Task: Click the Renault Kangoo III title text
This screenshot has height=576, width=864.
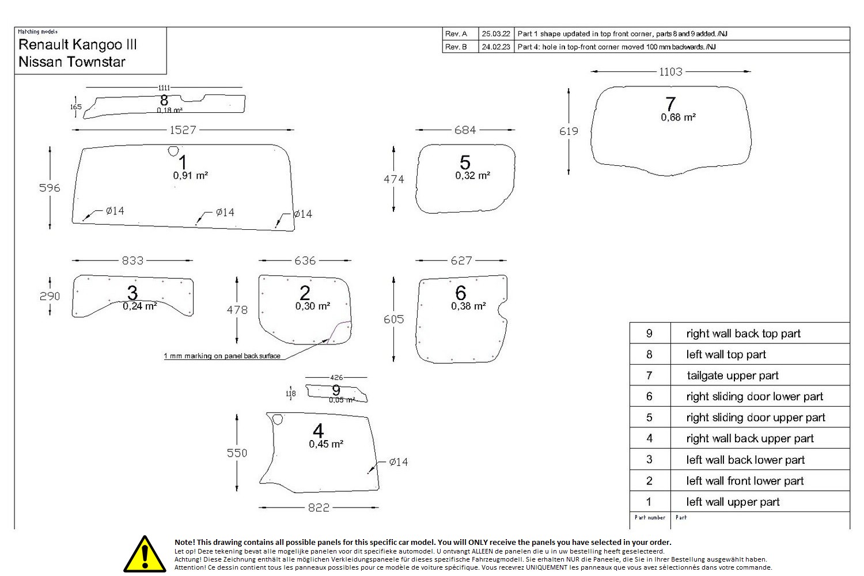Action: pos(77,44)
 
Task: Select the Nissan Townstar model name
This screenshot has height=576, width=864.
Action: pos(71,62)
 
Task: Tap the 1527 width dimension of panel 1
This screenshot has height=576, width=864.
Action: pos(183,130)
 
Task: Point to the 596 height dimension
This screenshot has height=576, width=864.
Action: pos(50,188)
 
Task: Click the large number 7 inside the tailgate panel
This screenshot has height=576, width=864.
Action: pos(670,104)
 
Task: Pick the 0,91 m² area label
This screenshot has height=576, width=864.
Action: pos(190,176)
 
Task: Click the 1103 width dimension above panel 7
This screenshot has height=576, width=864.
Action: pos(670,71)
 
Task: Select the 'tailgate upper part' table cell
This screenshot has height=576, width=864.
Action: pos(732,376)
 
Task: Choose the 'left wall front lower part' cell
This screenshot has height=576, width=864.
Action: pos(744,481)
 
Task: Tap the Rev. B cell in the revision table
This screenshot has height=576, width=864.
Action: pos(456,47)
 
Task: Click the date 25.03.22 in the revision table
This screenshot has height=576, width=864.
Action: pos(495,34)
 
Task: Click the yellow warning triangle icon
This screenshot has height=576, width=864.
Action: pos(145,554)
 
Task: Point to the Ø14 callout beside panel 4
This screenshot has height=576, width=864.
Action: pos(398,462)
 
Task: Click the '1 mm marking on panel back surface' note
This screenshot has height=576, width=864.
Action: pos(222,356)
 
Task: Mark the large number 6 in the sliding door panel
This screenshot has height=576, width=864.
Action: pos(460,293)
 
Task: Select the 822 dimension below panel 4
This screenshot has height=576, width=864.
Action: pos(319,507)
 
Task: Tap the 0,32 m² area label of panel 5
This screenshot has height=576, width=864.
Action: pos(472,176)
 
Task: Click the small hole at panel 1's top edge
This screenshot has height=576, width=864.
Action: pos(173,151)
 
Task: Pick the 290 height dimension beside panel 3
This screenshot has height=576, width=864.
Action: pos(50,296)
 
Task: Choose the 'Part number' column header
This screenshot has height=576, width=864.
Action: pos(650,517)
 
